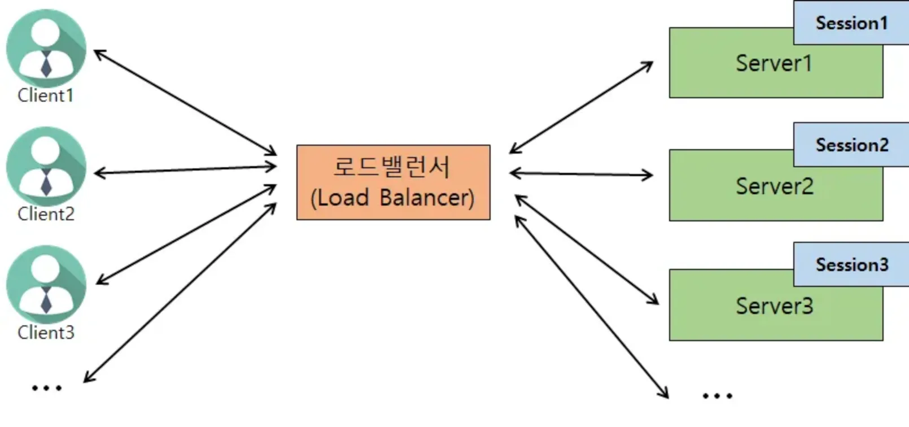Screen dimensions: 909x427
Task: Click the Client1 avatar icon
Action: point(46,49)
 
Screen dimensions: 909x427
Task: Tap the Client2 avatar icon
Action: point(46,167)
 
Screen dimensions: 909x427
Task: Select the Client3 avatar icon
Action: point(46,285)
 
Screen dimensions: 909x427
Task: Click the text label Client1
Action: point(45,96)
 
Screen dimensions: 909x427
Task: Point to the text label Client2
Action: point(46,214)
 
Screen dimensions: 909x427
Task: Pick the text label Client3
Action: point(46,333)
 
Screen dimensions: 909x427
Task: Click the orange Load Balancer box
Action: point(393,182)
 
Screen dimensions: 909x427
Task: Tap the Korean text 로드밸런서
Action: point(392,167)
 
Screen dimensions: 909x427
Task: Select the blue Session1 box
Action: point(851,23)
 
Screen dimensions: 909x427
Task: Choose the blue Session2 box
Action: point(851,145)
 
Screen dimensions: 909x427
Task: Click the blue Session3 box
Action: point(851,265)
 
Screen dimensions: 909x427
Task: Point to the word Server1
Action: point(774,63)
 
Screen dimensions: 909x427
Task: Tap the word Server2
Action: point(775,186)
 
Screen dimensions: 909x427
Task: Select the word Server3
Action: point(775,306)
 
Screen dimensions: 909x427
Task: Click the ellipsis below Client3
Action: point(47,388)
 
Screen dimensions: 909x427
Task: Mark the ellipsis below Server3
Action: point(718,395)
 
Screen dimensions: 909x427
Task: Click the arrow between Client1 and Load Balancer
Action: point(185,103)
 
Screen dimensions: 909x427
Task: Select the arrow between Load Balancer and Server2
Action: point(581,174)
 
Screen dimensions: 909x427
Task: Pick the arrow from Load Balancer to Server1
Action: point(581,107)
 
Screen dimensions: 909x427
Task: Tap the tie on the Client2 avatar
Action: point(46,182)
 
